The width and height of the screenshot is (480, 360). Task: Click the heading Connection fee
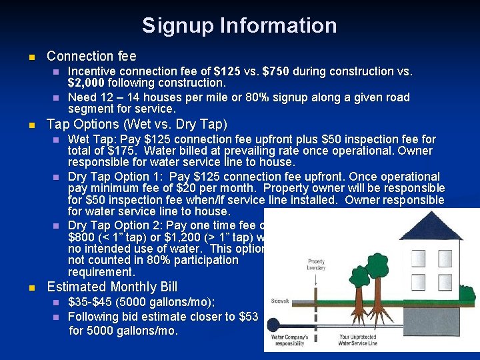point(91,57)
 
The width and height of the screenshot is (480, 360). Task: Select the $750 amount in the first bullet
point(276,71)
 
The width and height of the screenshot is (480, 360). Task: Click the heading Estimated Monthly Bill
point(112,287)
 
